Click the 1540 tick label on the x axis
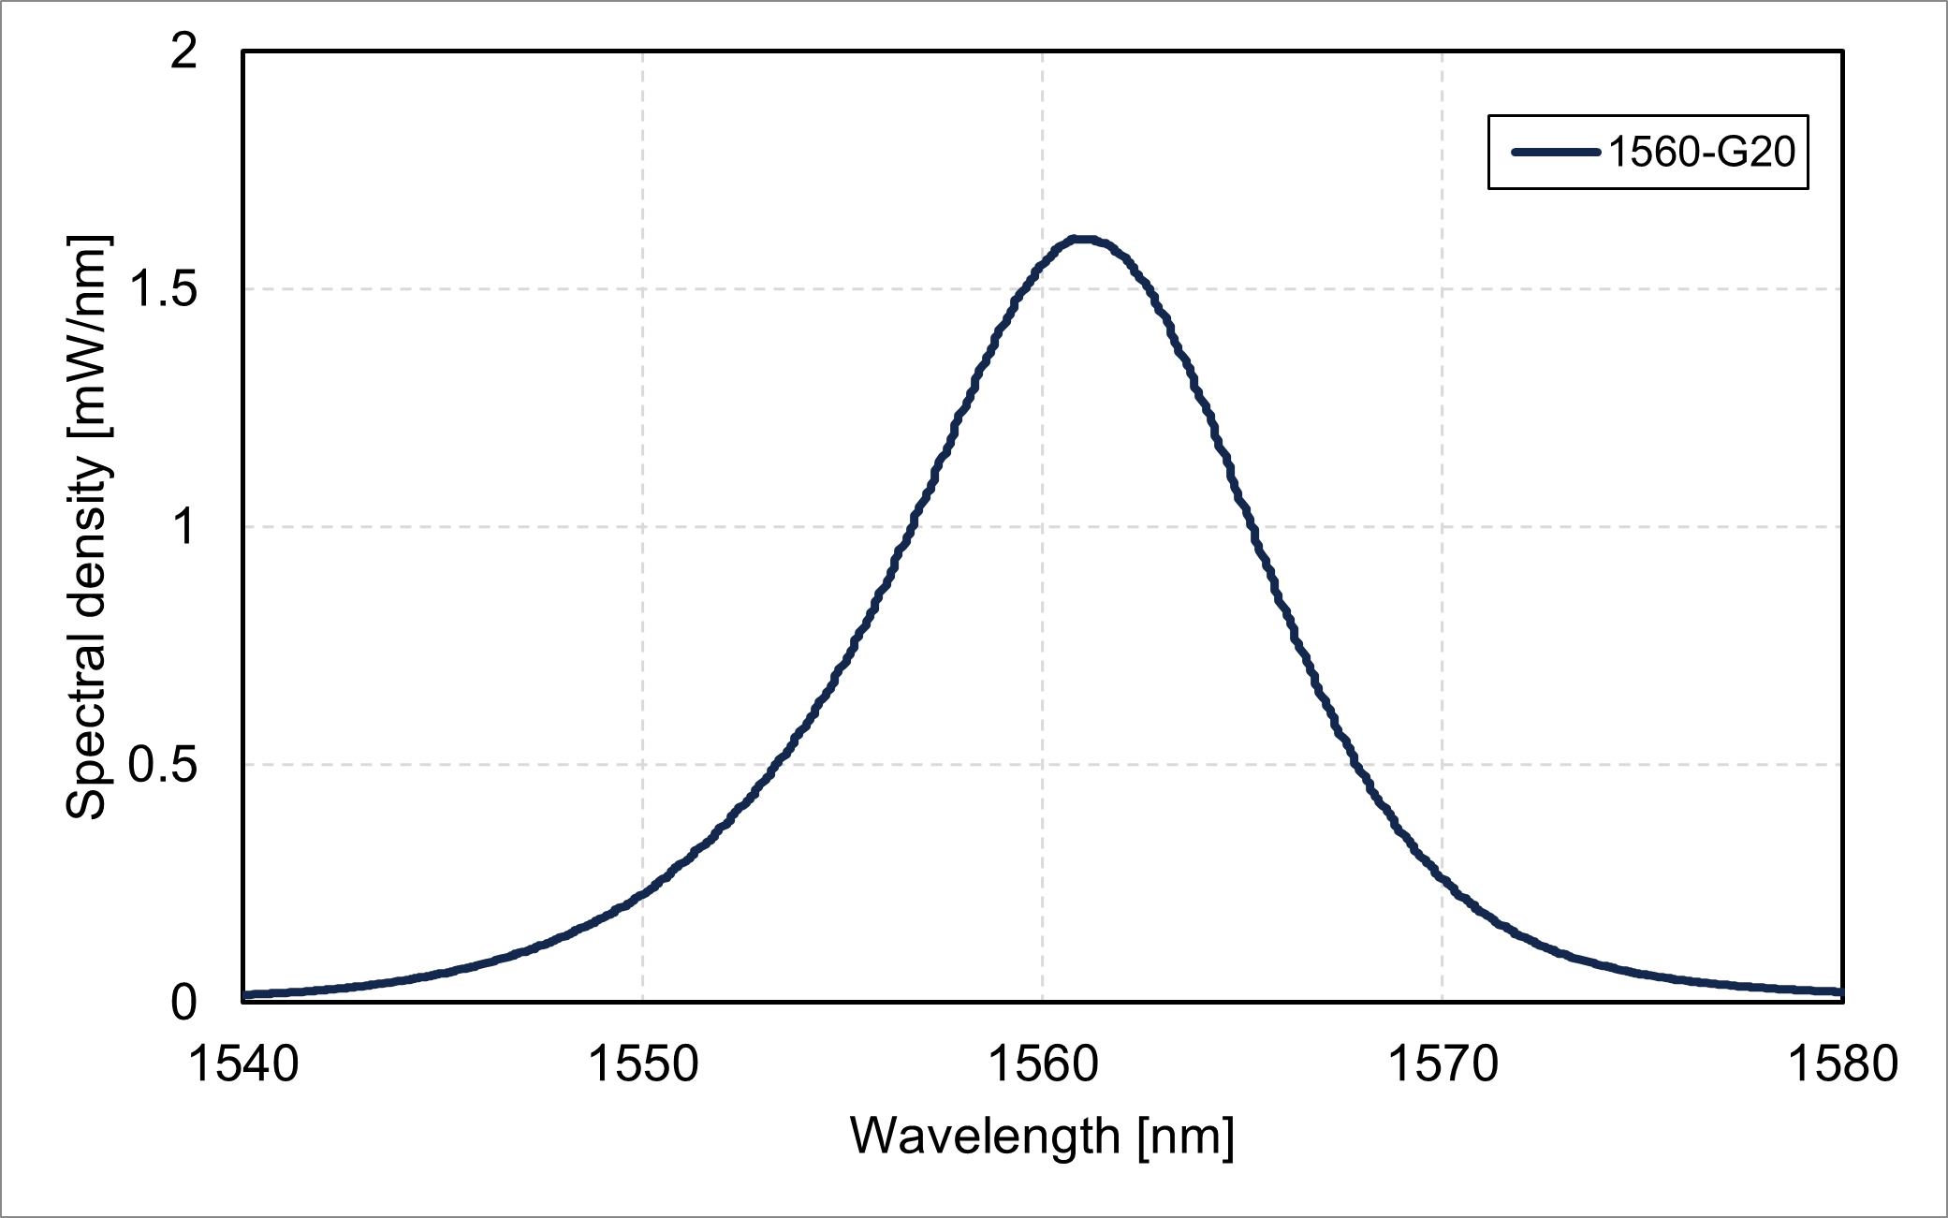243,1064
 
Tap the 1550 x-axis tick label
643,1064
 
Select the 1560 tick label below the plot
1043,1064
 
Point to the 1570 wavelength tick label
1443,1064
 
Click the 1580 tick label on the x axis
1842,1064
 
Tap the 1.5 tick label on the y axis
163,288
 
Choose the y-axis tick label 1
183,526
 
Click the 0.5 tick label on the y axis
163,764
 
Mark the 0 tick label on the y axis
183,1002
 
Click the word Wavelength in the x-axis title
985,1137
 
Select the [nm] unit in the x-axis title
1186,1137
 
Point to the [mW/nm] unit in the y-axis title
89,335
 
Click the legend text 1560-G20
1702,152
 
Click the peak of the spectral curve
1082,240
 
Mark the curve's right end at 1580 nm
1840,991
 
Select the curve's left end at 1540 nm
245,994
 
